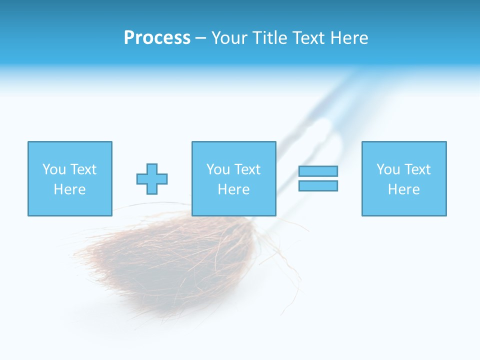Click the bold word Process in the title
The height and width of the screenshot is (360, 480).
157,38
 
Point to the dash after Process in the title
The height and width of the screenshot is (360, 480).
200,38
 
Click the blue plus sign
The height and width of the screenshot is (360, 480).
152,179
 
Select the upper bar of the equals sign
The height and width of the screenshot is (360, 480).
318,171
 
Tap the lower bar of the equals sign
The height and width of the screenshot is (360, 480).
318,186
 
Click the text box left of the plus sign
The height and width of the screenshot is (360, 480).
69,178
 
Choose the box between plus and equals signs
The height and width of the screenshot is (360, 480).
233,178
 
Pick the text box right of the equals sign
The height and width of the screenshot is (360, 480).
403,178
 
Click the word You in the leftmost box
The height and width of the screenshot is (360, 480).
54,169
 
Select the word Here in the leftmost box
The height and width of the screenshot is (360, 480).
69,189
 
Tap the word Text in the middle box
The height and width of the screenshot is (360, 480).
247,169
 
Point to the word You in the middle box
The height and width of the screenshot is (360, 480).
218,169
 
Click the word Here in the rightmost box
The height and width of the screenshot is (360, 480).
403,189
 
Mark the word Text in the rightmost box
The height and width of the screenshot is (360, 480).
417,169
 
